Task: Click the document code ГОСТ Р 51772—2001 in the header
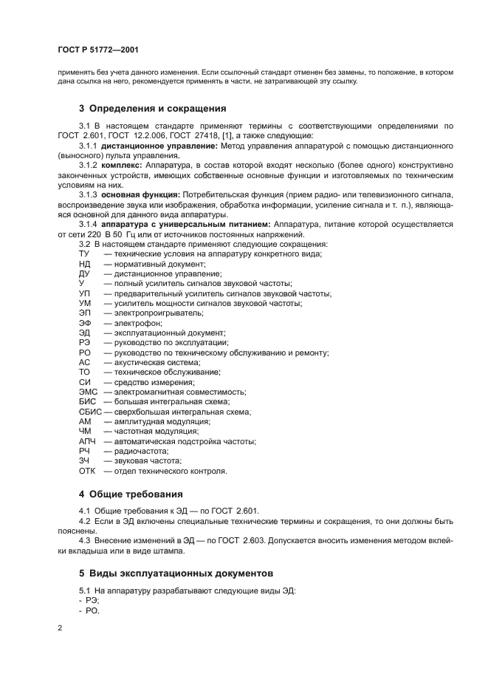coord(98,50)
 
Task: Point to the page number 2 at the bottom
coord(60,627)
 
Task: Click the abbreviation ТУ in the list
coord(83,253)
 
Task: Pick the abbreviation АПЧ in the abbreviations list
coord(86,441)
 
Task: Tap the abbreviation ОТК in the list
coord(86,471)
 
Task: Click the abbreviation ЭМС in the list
coord(88,392)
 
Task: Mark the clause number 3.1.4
coord(88,224)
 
